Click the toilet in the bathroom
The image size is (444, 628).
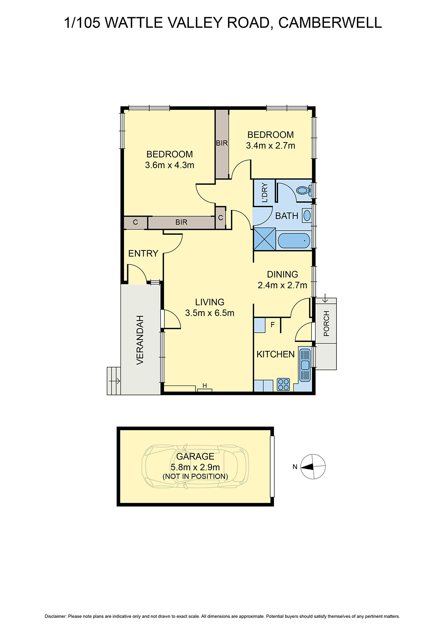(303, 190)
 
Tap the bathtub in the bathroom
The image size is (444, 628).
(294, 240)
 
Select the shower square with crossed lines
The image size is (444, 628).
(265, 239)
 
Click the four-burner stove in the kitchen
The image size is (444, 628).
(283, 384)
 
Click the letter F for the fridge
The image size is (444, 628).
(272, 325)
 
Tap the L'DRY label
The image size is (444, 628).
(265, 192)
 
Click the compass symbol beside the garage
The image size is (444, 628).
(313, 467)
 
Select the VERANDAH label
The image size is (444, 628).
(140, 340)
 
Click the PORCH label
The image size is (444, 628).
(326, 324)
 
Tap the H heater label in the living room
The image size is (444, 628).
(205, 385)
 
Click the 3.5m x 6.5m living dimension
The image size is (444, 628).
(210, 313)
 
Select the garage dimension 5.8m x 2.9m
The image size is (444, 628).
(195, 467)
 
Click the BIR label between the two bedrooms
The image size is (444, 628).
(222, 143)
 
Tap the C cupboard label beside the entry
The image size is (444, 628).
(135, 222)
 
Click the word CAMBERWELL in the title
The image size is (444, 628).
(330, 23)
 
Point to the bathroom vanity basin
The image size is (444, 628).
(307, 215)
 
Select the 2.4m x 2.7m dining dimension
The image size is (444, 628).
(282, 285)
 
